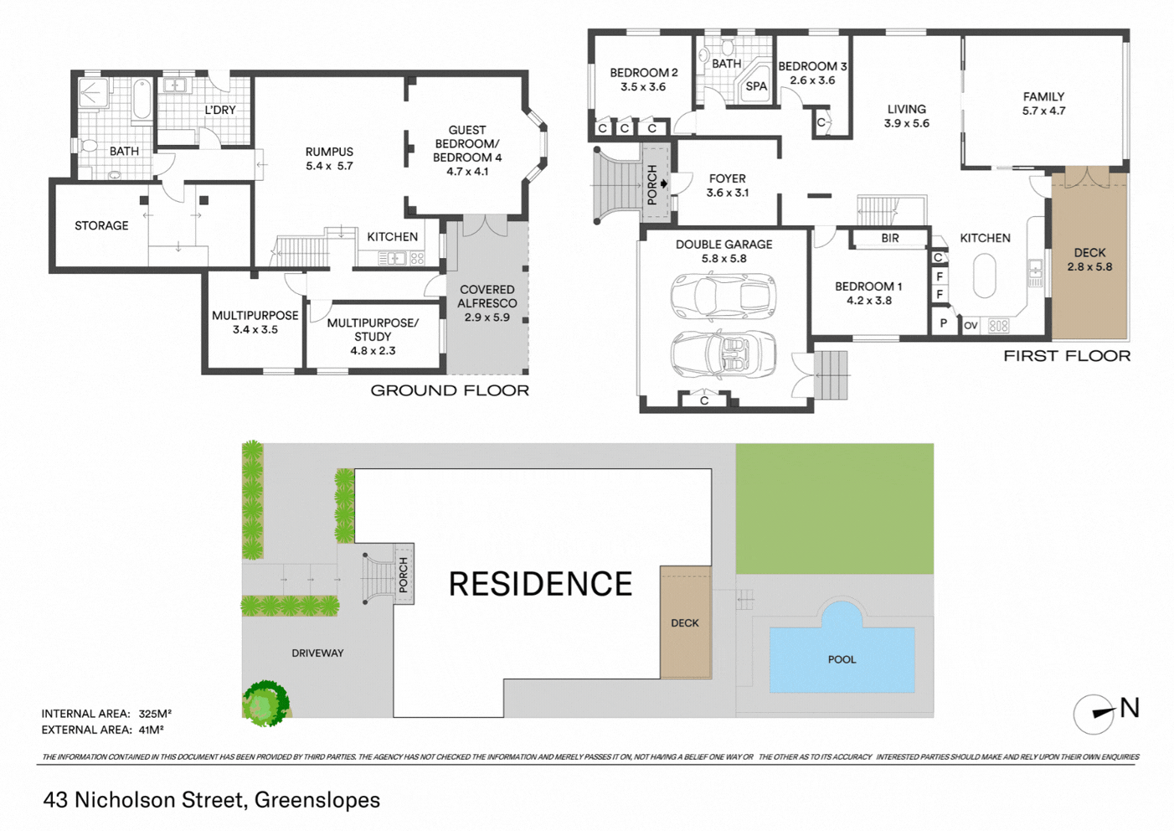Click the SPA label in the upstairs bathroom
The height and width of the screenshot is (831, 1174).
pyautogui.click(x=756, y=86)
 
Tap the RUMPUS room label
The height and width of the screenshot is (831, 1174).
pyautogui.click(x=329, y=152)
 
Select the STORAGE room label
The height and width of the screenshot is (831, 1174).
pyautogui.click(x=101, y=225)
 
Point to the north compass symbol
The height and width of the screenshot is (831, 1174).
pyautogui.click(x=1094, y=714)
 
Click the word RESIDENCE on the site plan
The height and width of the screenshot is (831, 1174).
pyautogui.click(x=540, y=584)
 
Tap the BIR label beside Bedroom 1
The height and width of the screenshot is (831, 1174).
pyautogui.click(x=890, y=239)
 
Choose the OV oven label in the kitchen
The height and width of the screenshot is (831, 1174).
pyautogui.click(x=971, y=326)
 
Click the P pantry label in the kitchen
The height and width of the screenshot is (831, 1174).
pyautogui.click(x=944, y=323)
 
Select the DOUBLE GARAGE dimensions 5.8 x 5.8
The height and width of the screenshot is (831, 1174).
pyautogui.click(x=723, y=259)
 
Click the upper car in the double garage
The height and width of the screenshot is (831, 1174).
pyautogui.click(x=723, y=297)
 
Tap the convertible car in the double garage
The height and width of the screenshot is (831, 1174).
pyautogui.click(x=723, y=355)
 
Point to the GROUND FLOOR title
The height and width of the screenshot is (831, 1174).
pyautogui.click(x=450, y=390)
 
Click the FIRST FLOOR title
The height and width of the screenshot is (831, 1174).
pyautogui.click(x=1067, y=357)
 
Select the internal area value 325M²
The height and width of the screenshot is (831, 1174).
pyautogui.click(x=155, y=714)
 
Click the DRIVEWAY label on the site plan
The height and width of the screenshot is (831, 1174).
pyautogui.click(x=317, y=653)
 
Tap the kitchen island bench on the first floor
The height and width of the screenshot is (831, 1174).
pyautogui.click(x=984, y=276)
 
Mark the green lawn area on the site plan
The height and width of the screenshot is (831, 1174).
pyautogui.click(x=834, y=508)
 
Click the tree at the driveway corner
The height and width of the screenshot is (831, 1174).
pyautogui.click(x=265, y=703)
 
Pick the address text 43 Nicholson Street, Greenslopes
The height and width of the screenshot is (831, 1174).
pyautogui.click(x=212, y=801)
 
